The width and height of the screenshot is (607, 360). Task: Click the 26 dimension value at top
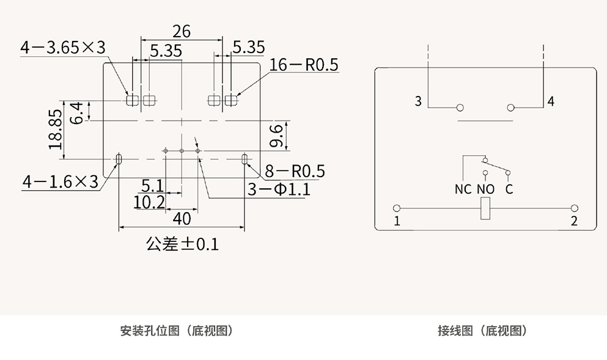[x=182, y=31]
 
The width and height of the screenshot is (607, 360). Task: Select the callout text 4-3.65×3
[x=63, y=48]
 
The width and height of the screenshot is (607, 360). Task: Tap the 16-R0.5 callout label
[x=304, y=65]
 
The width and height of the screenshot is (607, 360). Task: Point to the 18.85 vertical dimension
[x=56, y=130]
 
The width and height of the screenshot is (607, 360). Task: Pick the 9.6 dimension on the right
[x=277, y=135]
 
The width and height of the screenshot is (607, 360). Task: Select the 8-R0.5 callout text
[x=295, y=171]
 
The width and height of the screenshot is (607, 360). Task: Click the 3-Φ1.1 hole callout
[x=279, y=189]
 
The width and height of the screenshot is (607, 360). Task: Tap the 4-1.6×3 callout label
[x=61, y=182]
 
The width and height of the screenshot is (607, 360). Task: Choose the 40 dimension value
[x=182, y=218]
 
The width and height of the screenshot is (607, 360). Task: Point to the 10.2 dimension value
[x=149, y=202]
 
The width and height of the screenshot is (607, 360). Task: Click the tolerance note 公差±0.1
[x=182, y=244]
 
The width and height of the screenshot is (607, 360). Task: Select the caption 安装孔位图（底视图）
[x=177, y=331]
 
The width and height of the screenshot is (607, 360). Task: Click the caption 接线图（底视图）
[x=482, y=331]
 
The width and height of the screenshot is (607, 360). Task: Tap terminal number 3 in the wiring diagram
[x=419, y=101]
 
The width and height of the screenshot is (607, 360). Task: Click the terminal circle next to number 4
[x=510, y=108]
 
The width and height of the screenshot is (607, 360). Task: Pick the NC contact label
[x=463, y=189]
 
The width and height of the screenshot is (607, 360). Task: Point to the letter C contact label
[x=509, y=189]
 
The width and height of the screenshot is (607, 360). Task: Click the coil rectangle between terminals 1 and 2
[x=486, y=209]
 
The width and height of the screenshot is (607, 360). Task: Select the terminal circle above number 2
[x=574, y=208]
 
